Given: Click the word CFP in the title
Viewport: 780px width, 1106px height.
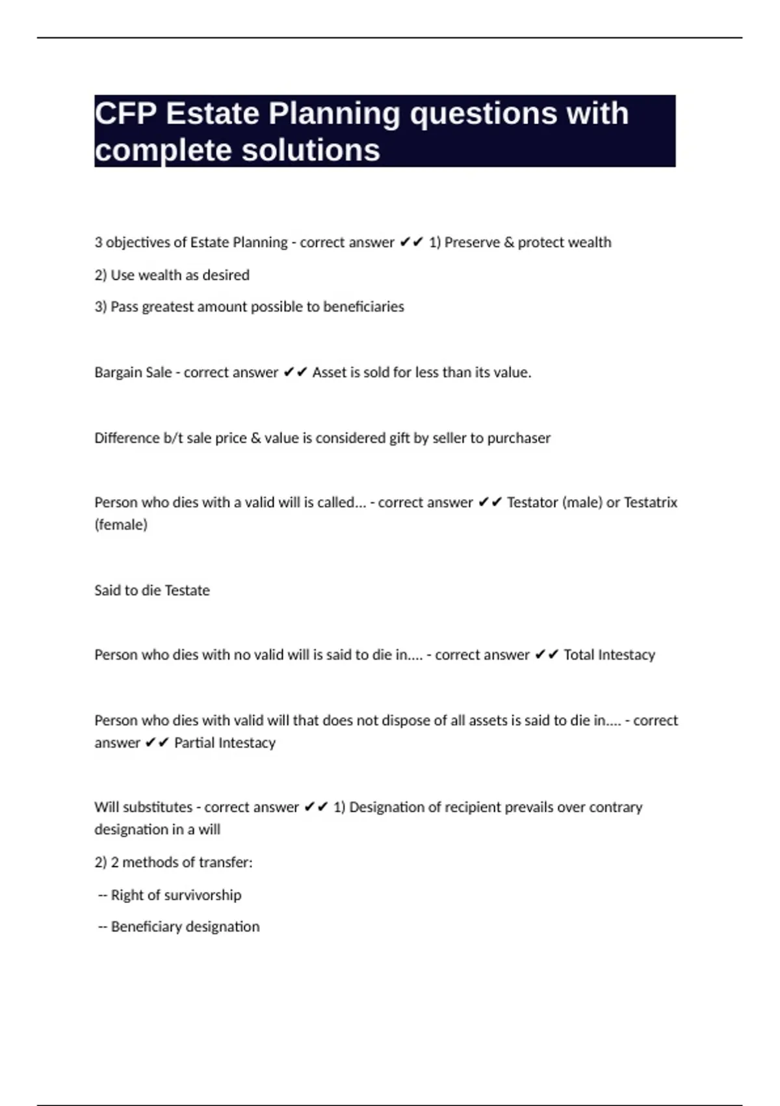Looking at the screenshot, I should [125, 114].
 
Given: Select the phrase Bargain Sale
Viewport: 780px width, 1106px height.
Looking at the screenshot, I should [133, 373].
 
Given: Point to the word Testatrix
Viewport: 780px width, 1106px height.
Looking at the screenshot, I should [651, 503].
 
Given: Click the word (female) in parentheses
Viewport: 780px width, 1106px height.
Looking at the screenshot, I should [121, 525].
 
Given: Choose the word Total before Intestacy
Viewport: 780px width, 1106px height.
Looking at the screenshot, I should [578, 655].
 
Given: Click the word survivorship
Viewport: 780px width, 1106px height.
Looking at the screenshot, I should [201, 895].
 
